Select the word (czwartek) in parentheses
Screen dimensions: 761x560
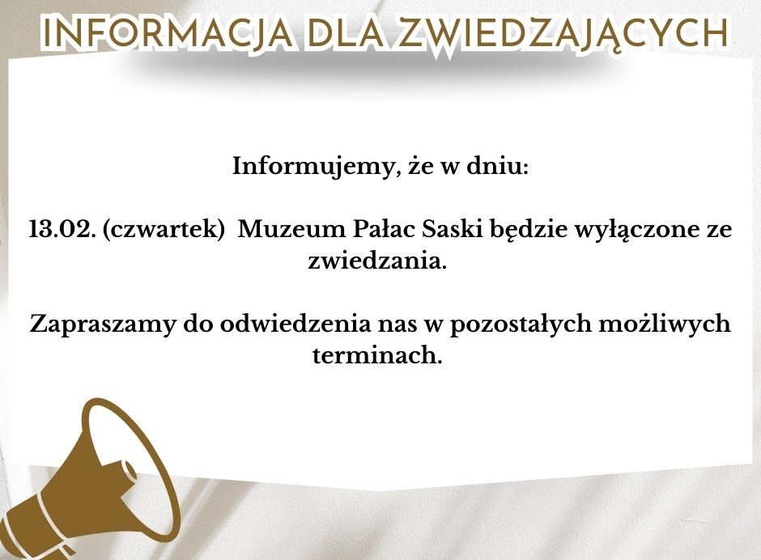164,230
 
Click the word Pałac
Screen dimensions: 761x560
384,228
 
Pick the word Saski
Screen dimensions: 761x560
453,228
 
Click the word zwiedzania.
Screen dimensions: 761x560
377,261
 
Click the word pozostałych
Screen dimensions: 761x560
521,325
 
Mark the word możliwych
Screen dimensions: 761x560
665,325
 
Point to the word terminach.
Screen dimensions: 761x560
377,354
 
